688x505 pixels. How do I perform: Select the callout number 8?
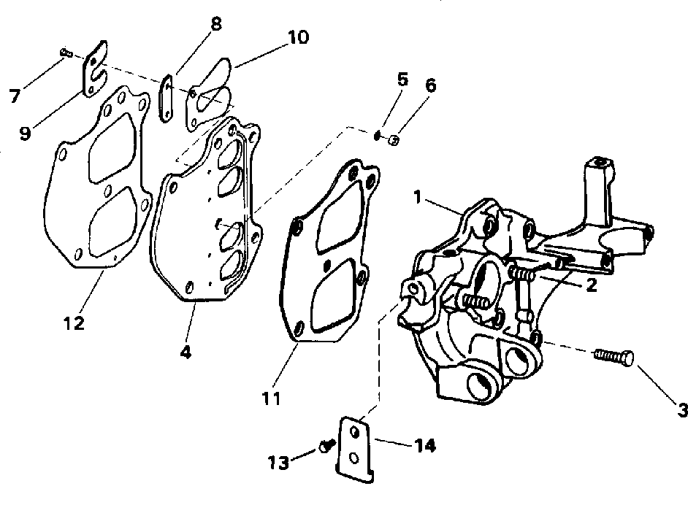pos(216,23)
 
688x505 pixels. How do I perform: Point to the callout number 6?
pos(430,85)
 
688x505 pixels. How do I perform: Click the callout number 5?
pos(402,79)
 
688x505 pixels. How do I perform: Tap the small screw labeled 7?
pos(64,51)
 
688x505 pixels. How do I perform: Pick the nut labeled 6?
pos(393,138)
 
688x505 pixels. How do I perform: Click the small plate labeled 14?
pos(356,448)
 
